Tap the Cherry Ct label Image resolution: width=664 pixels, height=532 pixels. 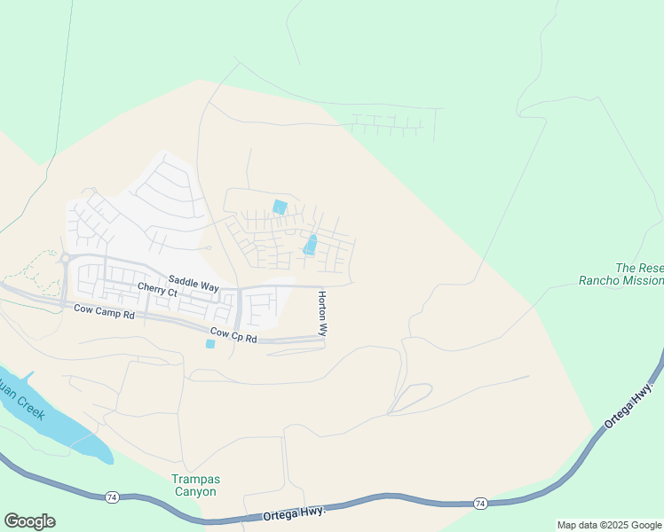pos(157,290)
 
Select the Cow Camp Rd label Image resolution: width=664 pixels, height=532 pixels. pos(104,310)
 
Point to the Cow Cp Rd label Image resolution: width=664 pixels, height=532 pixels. pos(233,336)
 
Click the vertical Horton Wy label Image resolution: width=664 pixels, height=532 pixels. pos(322,314)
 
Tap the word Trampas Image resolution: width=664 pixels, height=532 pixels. pos(194,480)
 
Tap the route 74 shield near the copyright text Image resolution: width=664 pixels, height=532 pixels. pos(480,504)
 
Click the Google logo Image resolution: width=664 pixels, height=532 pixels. pos(29,521)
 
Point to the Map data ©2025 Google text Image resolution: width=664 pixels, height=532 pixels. pos(610,525)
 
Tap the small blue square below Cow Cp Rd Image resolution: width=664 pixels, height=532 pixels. pos(209,344)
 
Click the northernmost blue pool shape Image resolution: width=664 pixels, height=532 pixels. pos(280,207)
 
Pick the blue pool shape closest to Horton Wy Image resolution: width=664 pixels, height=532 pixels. pos(310,245)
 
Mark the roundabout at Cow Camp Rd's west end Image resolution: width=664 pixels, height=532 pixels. pos(65,259)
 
